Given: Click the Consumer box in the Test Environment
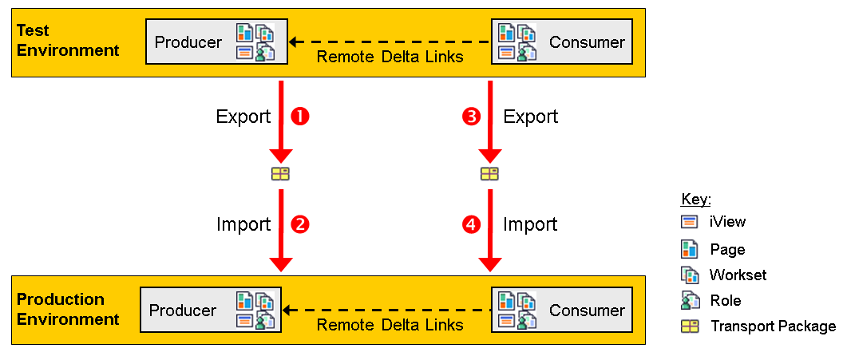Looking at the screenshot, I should click(561, 42).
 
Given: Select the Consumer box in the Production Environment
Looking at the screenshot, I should click(561, 310).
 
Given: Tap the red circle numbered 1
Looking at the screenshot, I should click(300, 117).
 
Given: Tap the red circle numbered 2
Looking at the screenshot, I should click(300, 224).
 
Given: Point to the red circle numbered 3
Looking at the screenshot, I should click(472, 117).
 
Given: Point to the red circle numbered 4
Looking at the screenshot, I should click(472, 224).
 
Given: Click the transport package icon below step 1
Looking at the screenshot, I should click(280, 174).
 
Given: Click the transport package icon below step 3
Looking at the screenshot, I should click(489, 174).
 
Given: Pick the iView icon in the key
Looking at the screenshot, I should click(690, 222).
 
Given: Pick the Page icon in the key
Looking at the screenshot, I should click(690, 248).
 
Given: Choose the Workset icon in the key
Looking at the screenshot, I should click(690, 275).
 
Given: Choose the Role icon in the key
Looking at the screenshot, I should click(690, 300).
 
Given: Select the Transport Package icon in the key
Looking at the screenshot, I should click(690, 326).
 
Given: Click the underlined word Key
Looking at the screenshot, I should click(696, 199).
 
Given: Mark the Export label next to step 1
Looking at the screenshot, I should click(243, 117).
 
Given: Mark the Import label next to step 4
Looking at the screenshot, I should click(530, 224).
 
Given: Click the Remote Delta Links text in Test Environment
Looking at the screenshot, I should click(390, 57).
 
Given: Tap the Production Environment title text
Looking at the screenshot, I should click(67, 310).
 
